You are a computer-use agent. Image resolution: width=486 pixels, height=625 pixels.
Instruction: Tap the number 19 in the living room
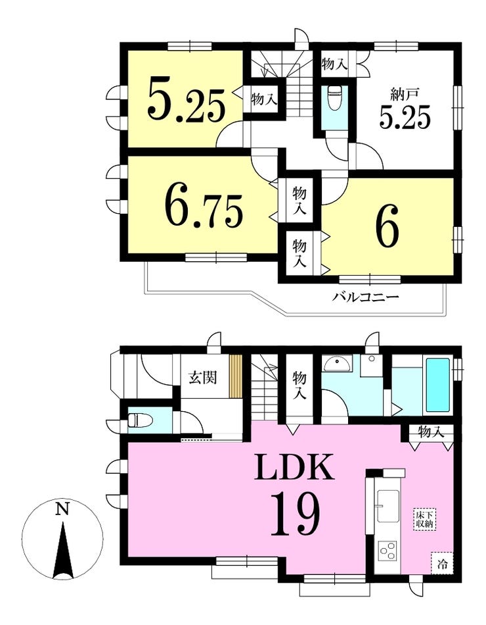(295, 514)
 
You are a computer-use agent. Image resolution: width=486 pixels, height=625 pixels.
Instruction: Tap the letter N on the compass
(62, 510)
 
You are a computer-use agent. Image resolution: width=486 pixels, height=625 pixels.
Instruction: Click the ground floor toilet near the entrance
(137, 420)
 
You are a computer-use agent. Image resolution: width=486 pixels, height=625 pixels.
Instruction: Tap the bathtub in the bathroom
(438, 385)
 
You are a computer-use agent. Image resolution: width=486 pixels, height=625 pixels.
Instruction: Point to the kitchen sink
(387, 505)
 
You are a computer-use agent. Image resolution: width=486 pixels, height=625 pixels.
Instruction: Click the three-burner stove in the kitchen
(388, 553)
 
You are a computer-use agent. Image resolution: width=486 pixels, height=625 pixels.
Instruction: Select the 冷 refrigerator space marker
(441, 564)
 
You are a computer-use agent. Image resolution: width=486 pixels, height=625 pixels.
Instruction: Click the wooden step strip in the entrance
(236, 375)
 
